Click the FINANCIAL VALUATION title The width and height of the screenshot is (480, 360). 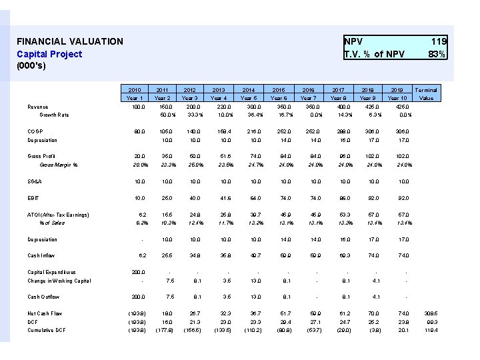(70, 41)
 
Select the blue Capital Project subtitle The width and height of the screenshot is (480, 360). (49, 54)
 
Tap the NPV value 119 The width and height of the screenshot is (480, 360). (438, 41)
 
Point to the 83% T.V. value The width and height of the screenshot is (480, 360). (437, 54)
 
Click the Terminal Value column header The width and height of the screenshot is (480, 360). (426, 93)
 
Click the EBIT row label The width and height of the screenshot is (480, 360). (33, 199)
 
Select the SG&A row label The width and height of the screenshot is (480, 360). (35, 181)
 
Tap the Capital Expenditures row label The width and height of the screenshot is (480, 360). (51, 272)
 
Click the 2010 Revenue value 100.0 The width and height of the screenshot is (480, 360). (137, 107)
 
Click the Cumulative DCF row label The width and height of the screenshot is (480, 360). (47, 329)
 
